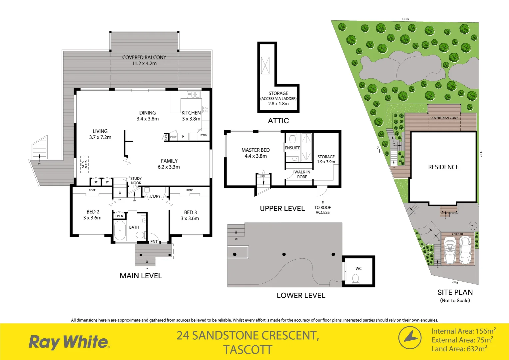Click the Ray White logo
[69, 342]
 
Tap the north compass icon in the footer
[410, 338]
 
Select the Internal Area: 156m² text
[463, 331]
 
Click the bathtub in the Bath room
[120, 230]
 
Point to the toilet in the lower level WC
[355, 278]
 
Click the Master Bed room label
[255, 153]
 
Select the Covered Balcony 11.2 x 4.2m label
[144, 60]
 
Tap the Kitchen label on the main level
[191, 115]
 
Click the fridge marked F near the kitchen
[183, 137]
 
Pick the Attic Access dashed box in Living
[84, 164]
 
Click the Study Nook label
[136, 181]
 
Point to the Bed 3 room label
[190, 215]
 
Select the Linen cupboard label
[119, 216]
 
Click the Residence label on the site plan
[443, 167]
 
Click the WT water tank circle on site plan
[473, 226]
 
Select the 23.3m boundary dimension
[405, 19]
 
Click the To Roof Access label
[322, 210]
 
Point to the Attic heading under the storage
[278, 121]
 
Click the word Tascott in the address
[248, 350]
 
